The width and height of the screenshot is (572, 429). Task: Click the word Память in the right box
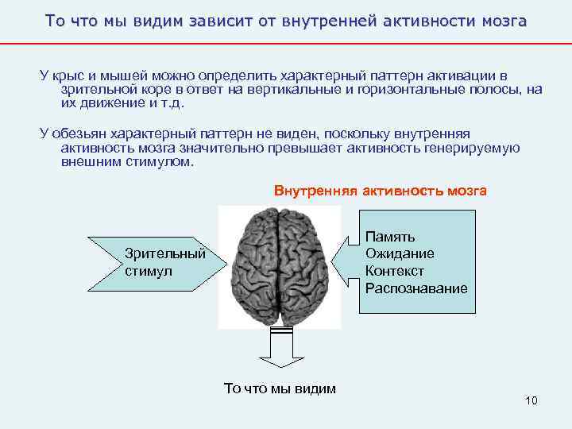389,237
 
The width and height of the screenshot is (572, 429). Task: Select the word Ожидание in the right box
400,253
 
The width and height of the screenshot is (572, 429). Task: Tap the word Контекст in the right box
395,271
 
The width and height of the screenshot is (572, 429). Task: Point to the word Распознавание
416,288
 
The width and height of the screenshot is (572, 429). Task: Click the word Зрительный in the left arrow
165,253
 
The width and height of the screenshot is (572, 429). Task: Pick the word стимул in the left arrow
148,270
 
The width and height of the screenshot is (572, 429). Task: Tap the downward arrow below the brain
280,350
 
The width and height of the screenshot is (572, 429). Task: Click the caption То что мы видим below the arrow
280,388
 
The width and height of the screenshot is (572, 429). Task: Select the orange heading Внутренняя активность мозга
381,191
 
